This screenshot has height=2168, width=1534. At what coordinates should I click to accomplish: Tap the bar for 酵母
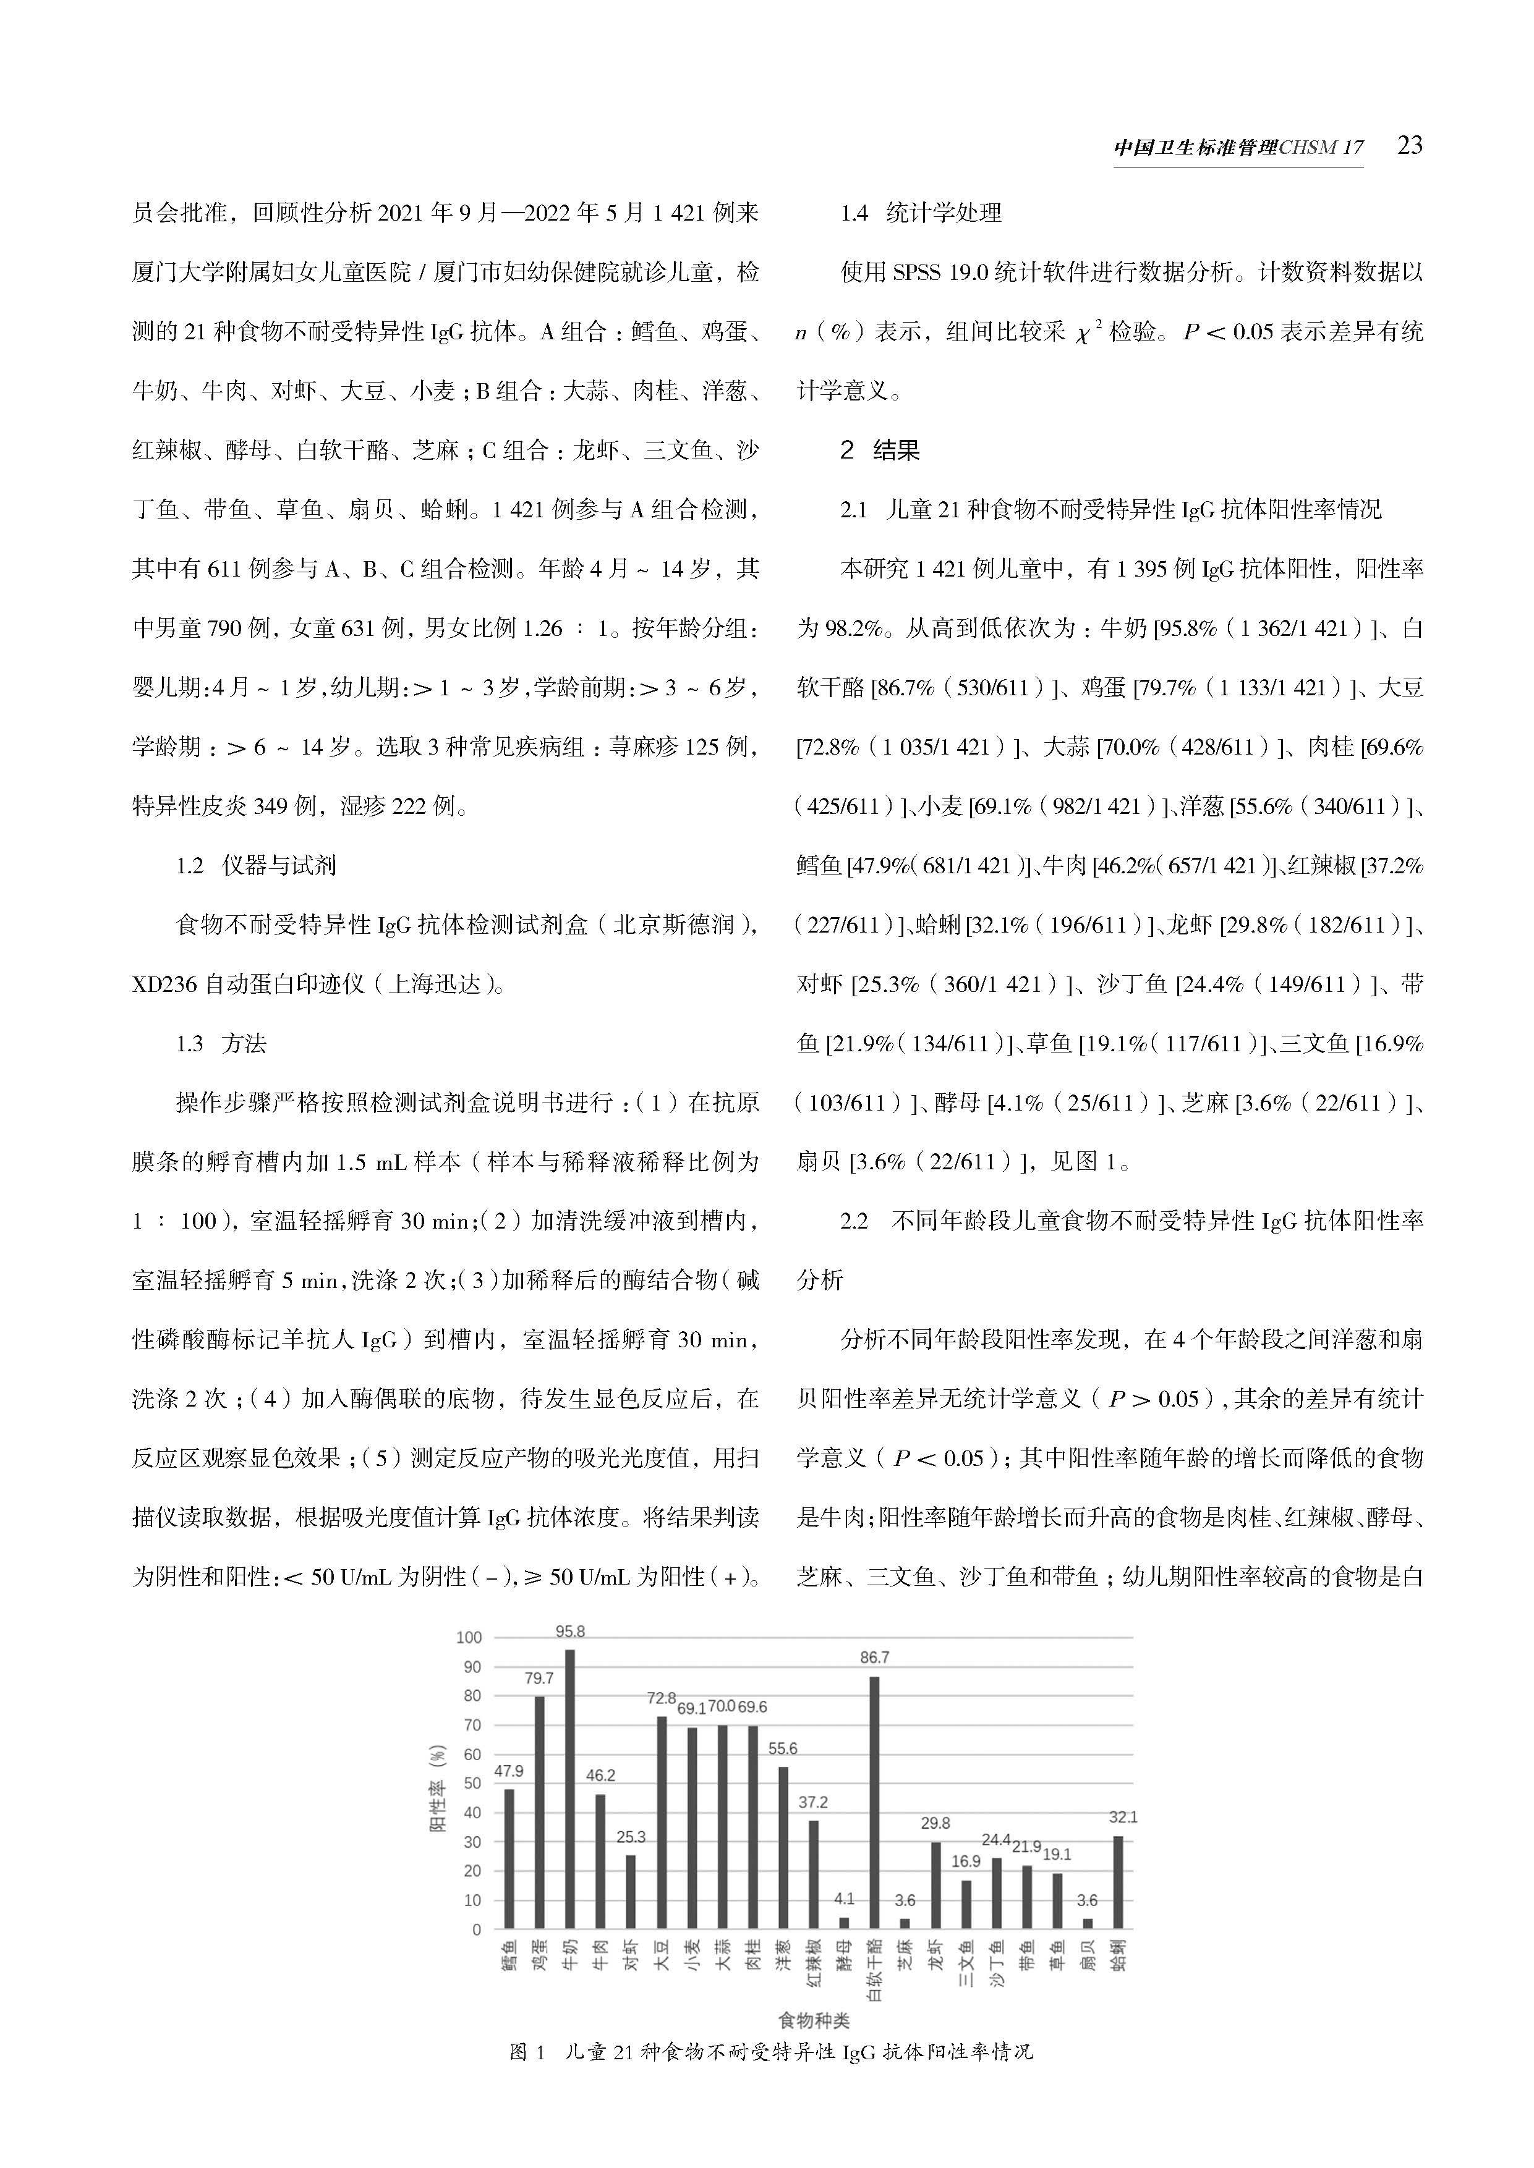point(843,1923)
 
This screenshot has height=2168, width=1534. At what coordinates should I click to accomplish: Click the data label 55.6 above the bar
point(782,1749)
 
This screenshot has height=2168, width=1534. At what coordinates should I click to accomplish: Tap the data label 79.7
point(539,1678)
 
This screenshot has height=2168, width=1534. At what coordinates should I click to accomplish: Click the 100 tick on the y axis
point(469,1637)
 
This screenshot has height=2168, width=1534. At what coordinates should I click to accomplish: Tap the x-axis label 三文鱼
point(965,1963)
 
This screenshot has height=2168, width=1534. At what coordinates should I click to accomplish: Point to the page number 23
point(1408,145)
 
